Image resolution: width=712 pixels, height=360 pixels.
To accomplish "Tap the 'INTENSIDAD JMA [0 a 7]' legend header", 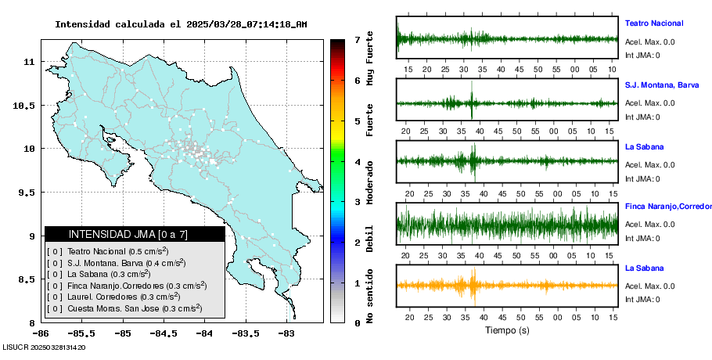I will (x=135, y=234).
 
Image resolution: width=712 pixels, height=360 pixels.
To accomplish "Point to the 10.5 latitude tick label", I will (x=27, y=106).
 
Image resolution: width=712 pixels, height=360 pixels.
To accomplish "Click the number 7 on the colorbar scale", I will (x=356, y=39).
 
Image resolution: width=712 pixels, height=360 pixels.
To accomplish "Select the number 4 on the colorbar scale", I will (x=356, y=162).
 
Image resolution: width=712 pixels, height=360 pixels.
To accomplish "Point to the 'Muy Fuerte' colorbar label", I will (x=370, y=53).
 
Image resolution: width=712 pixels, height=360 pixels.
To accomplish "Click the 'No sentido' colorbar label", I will (x=370, y=297).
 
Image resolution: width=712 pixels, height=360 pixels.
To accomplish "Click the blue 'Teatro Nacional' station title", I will (x=654, y=23).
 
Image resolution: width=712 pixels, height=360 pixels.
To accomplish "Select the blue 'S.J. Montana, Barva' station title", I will (x=662, y=85).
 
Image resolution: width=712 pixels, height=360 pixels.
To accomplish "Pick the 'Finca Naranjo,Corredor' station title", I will (x=667, y=207).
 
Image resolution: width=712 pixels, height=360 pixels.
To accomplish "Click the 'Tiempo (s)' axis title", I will (x=507, y=330).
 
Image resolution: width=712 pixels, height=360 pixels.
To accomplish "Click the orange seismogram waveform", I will (x=507, y=285).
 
